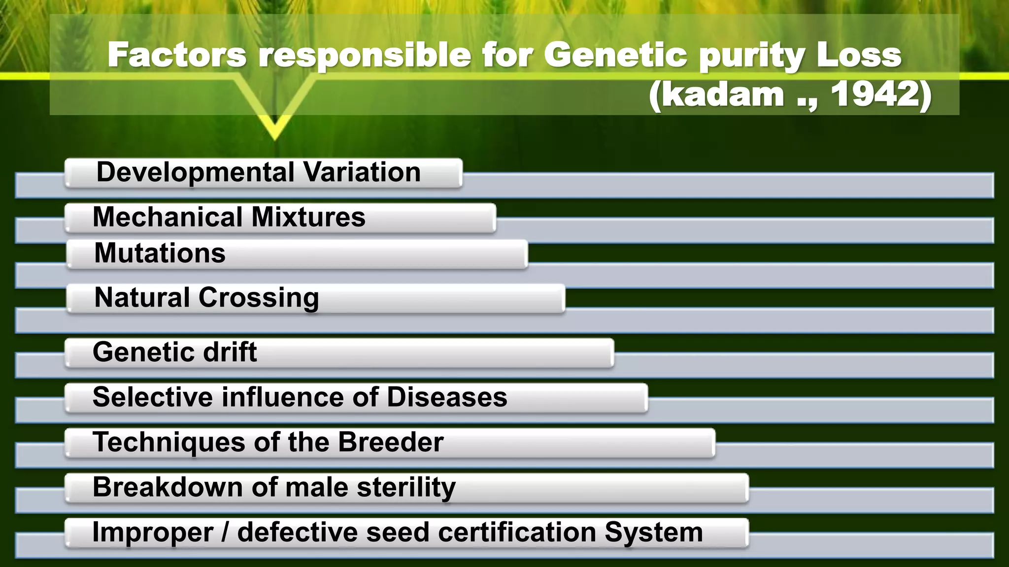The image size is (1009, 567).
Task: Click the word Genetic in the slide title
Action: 615,55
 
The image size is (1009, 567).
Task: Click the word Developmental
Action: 195,172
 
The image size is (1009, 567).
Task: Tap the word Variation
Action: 362,172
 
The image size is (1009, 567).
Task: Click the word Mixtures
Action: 308,217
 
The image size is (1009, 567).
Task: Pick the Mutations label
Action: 160,253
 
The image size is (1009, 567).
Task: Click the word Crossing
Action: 259,298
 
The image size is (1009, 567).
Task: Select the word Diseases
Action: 447,397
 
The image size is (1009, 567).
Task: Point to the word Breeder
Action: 390,441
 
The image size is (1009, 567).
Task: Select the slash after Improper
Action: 225,533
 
